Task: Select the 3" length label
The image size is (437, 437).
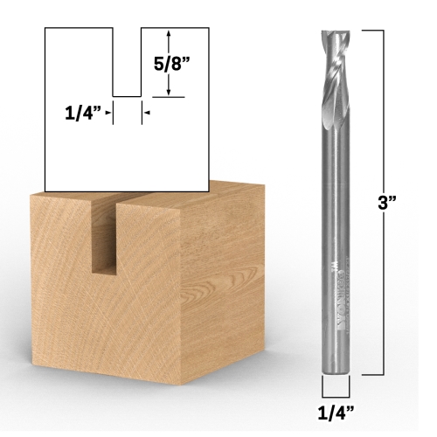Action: (x=389, y=202)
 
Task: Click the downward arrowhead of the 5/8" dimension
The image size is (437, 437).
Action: (x=168, y=92)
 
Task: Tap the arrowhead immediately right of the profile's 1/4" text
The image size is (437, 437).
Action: (x=111, y=113)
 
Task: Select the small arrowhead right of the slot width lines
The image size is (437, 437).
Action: (x=147, y=113)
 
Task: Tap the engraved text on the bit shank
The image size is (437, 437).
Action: (x=336, y=288)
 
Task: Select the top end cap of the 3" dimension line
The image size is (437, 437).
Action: (x=372, y=31)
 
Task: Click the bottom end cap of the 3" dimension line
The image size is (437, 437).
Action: (x=372, y=375)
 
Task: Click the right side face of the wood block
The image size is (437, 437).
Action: (x=223, y=280)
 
